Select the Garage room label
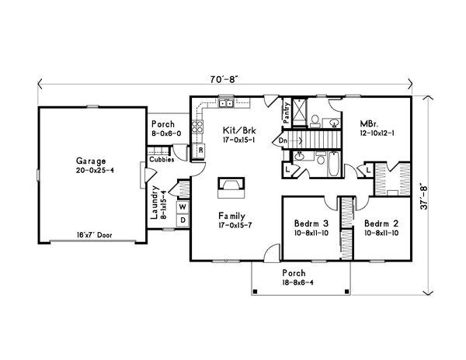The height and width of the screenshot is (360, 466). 91,161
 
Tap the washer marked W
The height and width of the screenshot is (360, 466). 183,207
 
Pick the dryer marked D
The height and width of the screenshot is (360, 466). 183,220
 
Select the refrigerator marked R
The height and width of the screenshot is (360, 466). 200,151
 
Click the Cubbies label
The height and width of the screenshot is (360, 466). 162,160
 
